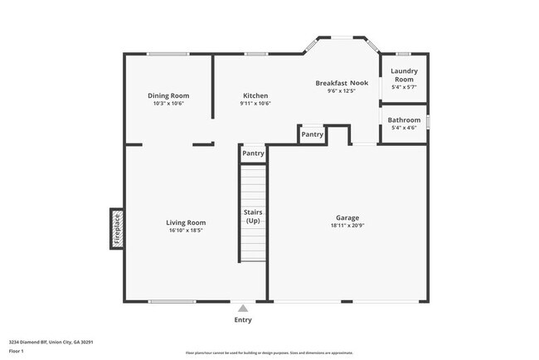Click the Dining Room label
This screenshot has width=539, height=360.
pos(168,95)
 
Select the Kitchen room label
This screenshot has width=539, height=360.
pos(255,95)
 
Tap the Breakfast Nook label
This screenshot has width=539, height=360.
pos(342,83)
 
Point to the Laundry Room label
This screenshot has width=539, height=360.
pos(404,75)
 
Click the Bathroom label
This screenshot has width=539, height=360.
pos(404,120)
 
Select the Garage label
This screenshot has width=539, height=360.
pos(347,218)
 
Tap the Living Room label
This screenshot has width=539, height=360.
pos(186,222)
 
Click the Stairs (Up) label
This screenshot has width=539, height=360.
pos(253,216)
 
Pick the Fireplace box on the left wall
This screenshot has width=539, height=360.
pos(117,229)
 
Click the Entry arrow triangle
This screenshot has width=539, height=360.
pos(242,308)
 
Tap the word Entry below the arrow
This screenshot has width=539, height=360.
pos(242,319)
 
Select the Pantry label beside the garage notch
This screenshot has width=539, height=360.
pos(312,134)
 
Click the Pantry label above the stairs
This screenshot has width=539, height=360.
pos(253,153)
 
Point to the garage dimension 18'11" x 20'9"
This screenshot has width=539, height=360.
pos(347,226)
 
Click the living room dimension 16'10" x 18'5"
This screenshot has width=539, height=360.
pos(186,231)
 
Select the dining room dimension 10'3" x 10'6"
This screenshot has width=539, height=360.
pos(168,104)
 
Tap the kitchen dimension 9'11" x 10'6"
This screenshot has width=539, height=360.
pos(255,104)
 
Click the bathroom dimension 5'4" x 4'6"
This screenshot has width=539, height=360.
pos(404,129)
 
